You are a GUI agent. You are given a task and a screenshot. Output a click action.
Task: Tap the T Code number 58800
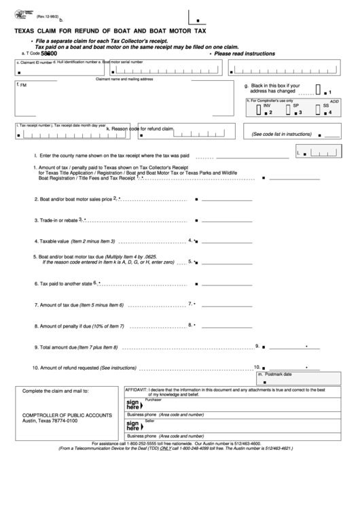(x=49, y=53)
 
